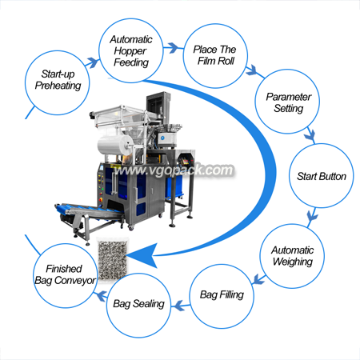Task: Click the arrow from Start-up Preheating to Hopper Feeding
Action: click(92, 63)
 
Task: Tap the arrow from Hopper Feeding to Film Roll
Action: click(174, 48)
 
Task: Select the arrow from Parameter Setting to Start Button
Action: click(310, 135)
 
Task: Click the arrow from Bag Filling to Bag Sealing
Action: click(181, 306)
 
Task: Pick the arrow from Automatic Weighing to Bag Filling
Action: click(258, 279)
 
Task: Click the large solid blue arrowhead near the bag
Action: click(144, 255)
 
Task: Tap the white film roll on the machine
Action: click(115, 146)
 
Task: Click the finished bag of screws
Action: click(112, 259)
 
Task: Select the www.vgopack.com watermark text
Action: click(174, 170)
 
